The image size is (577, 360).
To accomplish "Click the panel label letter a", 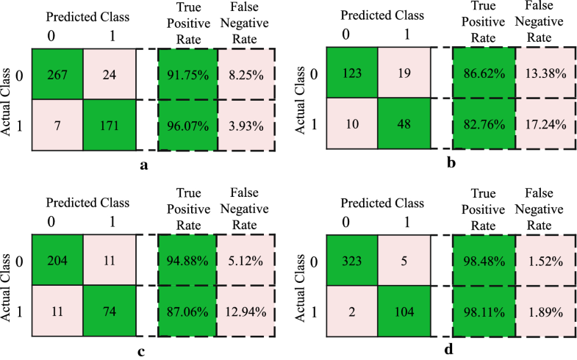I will click(x=144, y=165).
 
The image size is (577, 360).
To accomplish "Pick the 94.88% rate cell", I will click(x=187, y=259).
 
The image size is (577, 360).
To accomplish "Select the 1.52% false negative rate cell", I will click(x=545, y=259).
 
